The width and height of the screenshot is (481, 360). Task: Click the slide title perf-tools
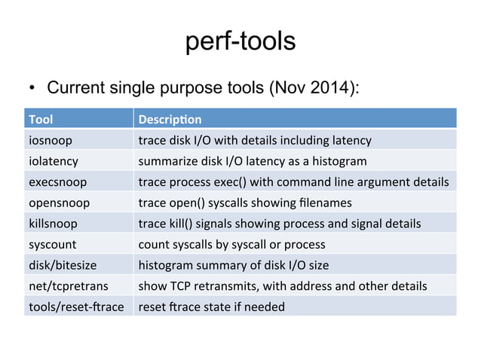click(x=240, y=42)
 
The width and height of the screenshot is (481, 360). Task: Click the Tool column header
click(x=41, y=119)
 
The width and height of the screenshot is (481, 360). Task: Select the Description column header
click(x=169, y=119)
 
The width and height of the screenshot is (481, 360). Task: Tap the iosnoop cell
click(x=50, y=139)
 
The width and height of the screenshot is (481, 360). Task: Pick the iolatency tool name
click(x=54, y=160)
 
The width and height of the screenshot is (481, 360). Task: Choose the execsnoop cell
click(x=57, y=182)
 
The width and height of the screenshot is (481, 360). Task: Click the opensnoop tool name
click(x=59, y=203)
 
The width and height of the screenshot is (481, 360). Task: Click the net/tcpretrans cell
click(x=66, y=286)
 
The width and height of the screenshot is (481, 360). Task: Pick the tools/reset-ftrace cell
click(x=76, y=307)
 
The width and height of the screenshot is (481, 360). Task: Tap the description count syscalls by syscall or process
click(x=231, y=244)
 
